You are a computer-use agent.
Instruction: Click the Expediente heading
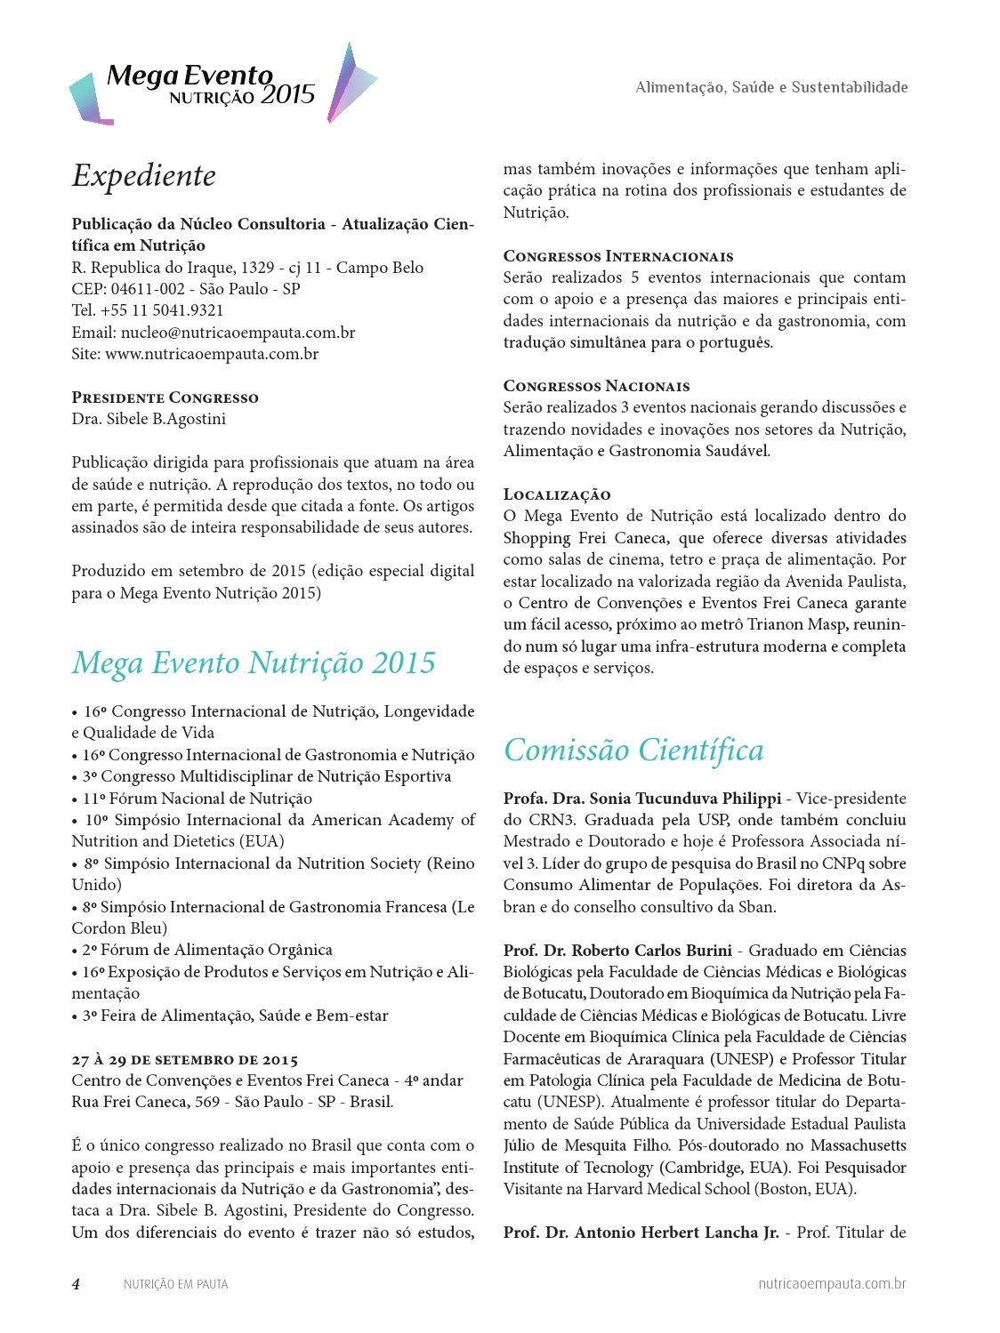click(143, 176)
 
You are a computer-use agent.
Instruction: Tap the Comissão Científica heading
click(633, 751)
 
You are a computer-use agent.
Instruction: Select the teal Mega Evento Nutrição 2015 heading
click(254, 663)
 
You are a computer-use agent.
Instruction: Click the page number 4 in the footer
click(77, 1284)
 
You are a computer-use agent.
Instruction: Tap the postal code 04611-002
click(147, 289)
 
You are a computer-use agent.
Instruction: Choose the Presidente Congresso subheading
click(165, 397)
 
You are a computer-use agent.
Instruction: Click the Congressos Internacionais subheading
click(618, 256)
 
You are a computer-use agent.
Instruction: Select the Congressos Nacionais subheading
click(596, 386)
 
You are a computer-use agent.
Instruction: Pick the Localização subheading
click(557, 494)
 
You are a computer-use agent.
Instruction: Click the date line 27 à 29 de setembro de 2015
click(185, 1059)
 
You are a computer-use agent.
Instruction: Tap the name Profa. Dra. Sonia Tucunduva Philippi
click(641, 798)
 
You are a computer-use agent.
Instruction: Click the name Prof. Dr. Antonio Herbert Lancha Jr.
click(641, 1233)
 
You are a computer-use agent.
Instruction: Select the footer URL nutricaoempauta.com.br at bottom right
click(833, 1284)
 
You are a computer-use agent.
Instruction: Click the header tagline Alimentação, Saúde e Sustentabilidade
click(771, 87)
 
